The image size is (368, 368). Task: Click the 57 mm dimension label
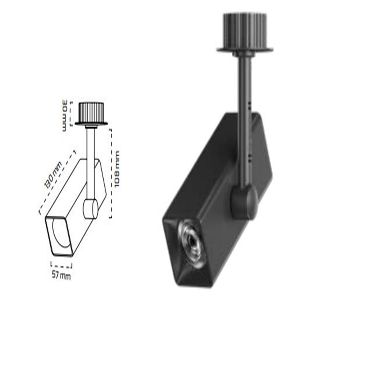[x=61, y=275]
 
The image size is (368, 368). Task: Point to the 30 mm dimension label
[x=65, y=115]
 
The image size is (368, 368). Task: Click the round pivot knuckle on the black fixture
[x=244, y=202]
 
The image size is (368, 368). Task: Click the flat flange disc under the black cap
[x=245, y=49]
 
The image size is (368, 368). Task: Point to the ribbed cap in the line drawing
[x=91, y=112]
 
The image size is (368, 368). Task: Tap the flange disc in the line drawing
[x=91, y=124]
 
